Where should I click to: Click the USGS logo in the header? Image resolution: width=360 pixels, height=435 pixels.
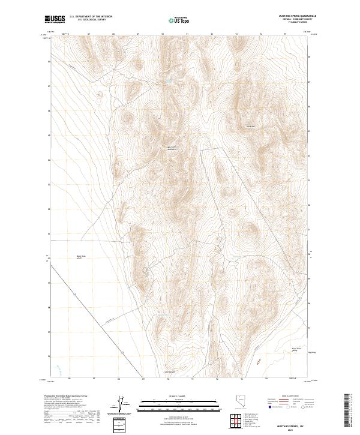coord(55,19)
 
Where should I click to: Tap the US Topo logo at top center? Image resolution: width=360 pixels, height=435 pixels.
coord(180,20)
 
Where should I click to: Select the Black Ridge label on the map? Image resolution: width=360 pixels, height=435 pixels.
coord(251,127)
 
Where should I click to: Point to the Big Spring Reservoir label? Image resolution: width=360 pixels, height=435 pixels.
coord(173,148)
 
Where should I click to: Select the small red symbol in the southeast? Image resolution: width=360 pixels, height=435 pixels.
coord(258,361)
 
